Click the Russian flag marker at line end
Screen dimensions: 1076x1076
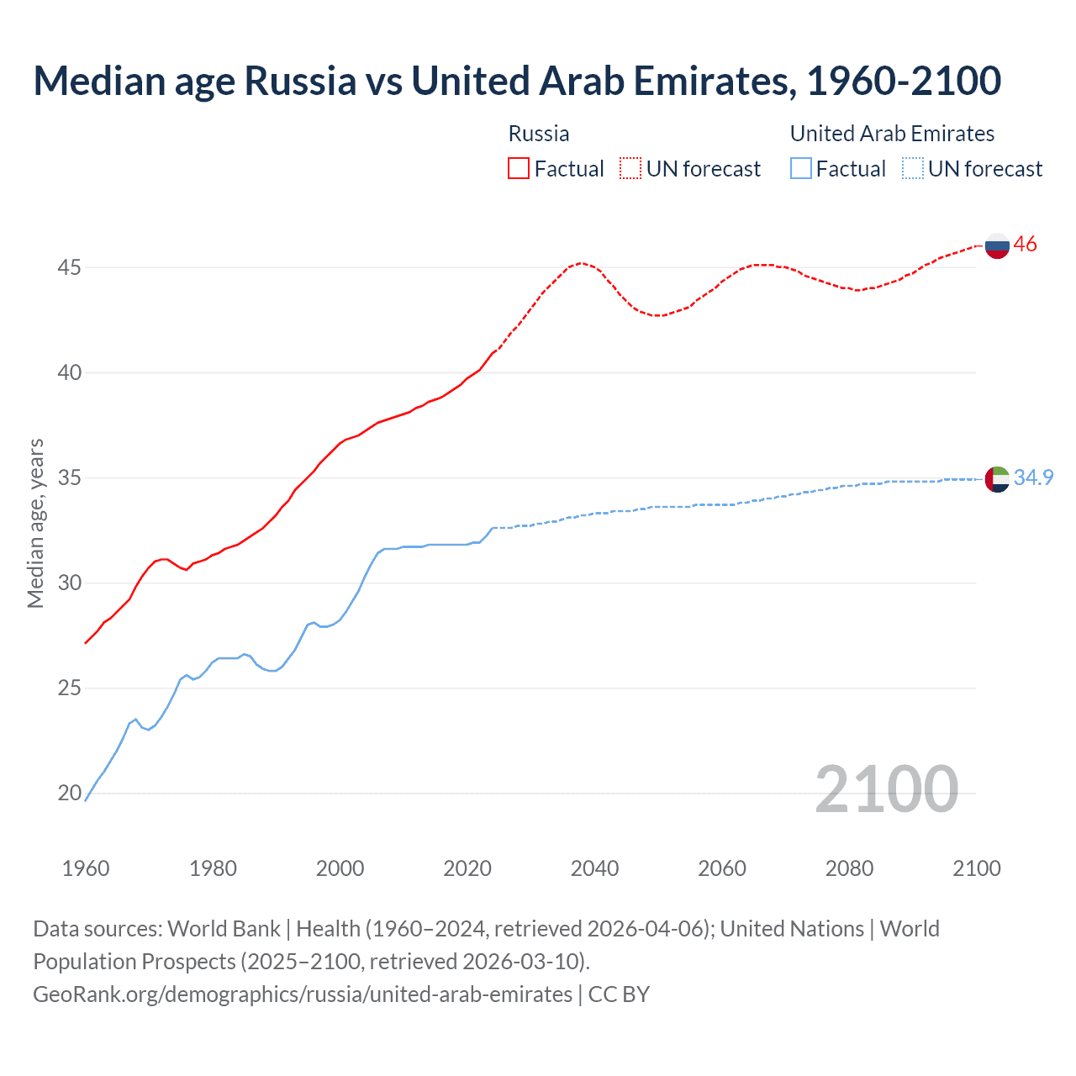(997, 245)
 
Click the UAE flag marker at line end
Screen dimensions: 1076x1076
(997, 479)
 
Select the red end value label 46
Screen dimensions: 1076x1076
(1026, 245)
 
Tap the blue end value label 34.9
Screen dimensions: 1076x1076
(1034, 477)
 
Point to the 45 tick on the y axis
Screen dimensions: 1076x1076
(69, 267)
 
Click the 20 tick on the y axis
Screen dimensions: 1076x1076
(69, 793)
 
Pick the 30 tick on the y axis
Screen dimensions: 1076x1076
(69, 583)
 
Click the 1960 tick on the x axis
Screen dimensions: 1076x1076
(86, 868)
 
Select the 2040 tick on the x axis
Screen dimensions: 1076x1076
(594, 868)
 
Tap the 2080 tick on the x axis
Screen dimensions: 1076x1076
(849, 868)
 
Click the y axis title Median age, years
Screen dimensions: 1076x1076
(35, 523)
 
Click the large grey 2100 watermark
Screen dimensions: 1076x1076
(887, 789)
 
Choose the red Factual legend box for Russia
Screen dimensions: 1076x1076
(519, 168)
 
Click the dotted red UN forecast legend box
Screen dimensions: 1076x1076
(630, 168)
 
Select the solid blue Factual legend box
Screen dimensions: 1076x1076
(801, 168)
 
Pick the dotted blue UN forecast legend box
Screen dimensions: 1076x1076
(913, 168)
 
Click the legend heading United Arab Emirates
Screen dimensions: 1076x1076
(892, 134)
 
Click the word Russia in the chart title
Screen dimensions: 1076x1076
(300, 81)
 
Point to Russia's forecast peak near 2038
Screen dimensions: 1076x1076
(581, 263)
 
